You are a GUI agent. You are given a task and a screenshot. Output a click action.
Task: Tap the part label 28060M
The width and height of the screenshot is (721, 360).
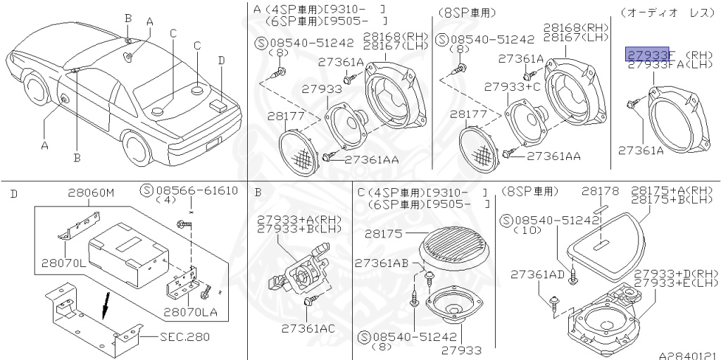[91, 191]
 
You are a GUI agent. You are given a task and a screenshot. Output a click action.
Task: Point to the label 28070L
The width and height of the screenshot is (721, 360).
[62, 262]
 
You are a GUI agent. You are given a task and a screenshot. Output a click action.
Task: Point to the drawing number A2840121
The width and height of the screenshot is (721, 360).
[688, 354]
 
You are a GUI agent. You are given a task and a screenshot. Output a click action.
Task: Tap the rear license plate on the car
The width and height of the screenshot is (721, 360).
[211, 147]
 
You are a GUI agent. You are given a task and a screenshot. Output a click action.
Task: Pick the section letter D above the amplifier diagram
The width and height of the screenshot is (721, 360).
[14, 193]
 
